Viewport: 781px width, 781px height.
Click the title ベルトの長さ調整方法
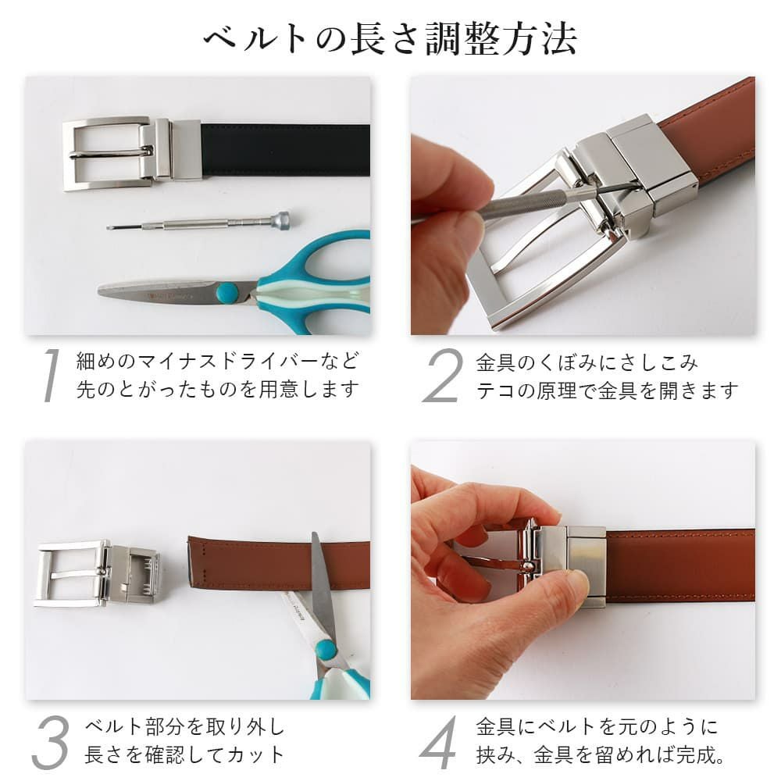coord(390,38)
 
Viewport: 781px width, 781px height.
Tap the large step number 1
coord(51,375)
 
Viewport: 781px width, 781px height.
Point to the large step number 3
coord(50,742)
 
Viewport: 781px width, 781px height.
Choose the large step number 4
coord(439,742)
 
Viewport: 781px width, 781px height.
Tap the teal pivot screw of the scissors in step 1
coord(227,292)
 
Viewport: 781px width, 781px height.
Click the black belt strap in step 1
coord(285,149)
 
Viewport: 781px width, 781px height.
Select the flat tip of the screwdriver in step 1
coord(109,227)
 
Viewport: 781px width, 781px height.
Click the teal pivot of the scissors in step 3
coord(326,650)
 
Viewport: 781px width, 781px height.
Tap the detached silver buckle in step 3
coord(97,572)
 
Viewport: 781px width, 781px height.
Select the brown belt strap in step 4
coord(680,564)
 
